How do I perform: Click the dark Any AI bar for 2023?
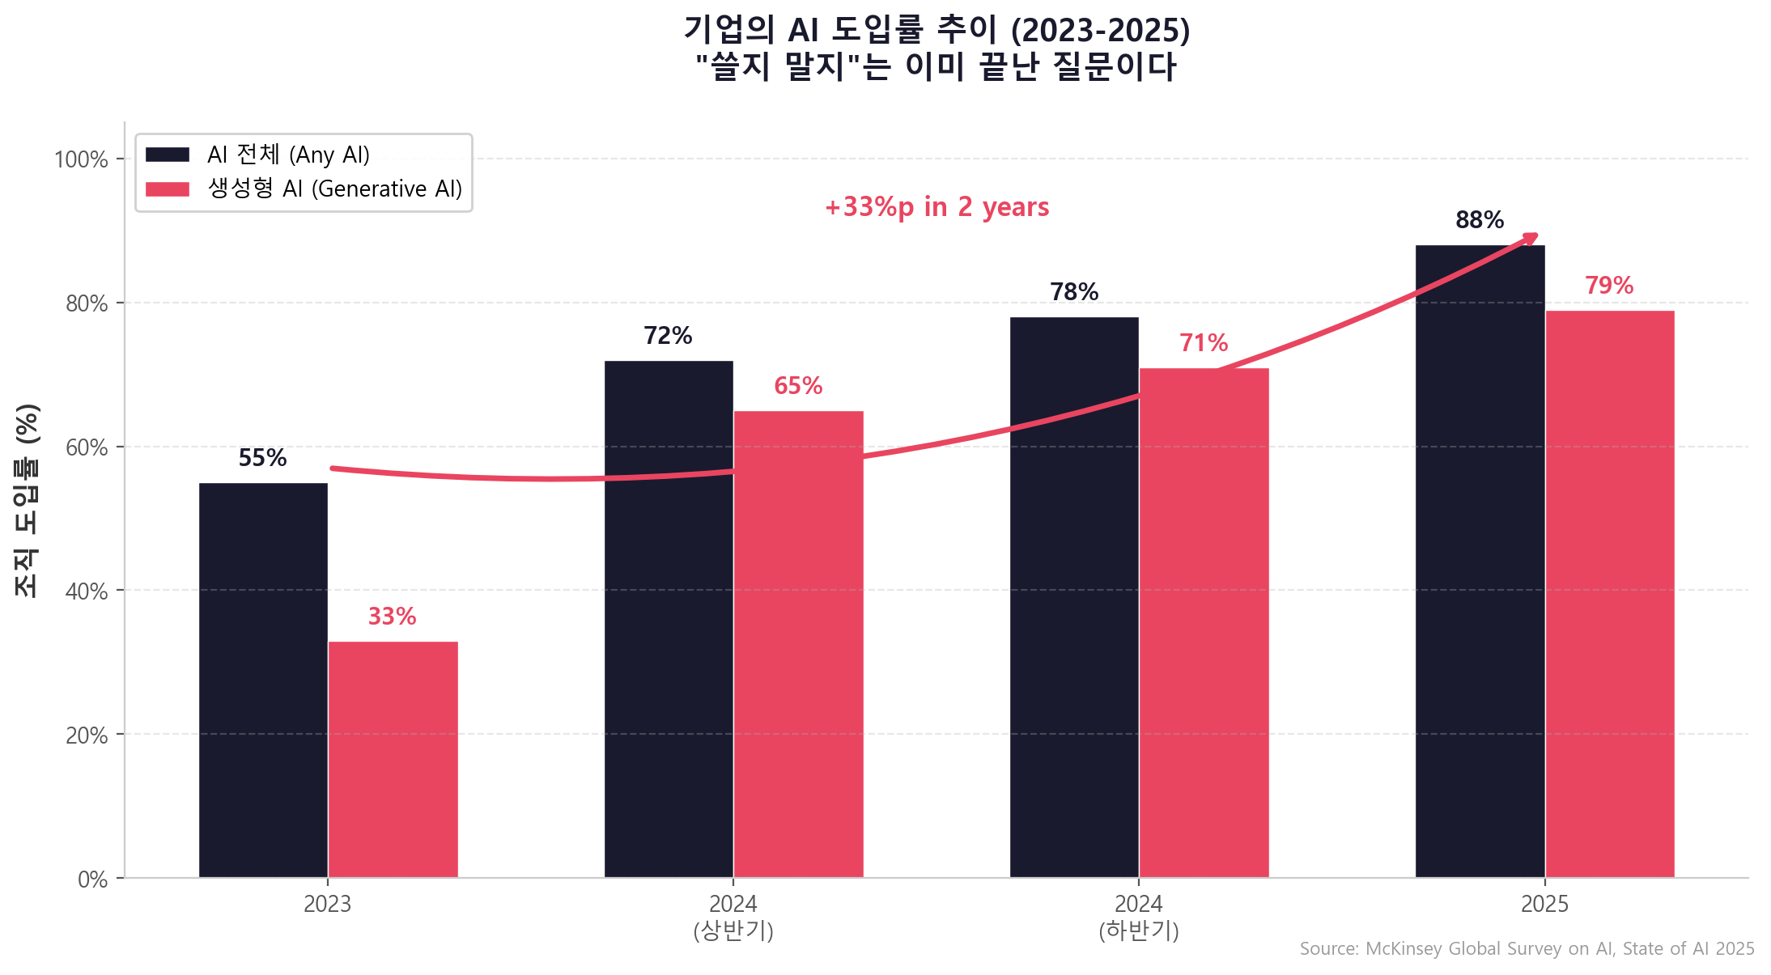263,680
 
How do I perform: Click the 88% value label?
1479,220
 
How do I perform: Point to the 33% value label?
392,617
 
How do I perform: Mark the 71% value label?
1203,343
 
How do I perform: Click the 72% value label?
668,336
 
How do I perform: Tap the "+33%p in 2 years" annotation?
936,207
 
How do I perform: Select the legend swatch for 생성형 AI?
168,189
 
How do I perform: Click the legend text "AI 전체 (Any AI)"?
288,155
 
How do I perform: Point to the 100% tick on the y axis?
81,159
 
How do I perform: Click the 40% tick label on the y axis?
87,591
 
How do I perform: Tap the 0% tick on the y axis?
92,880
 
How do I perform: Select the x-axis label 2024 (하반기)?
1138,917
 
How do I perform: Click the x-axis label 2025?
1544,904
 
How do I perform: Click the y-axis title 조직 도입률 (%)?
27,500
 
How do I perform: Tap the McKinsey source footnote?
1527,948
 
